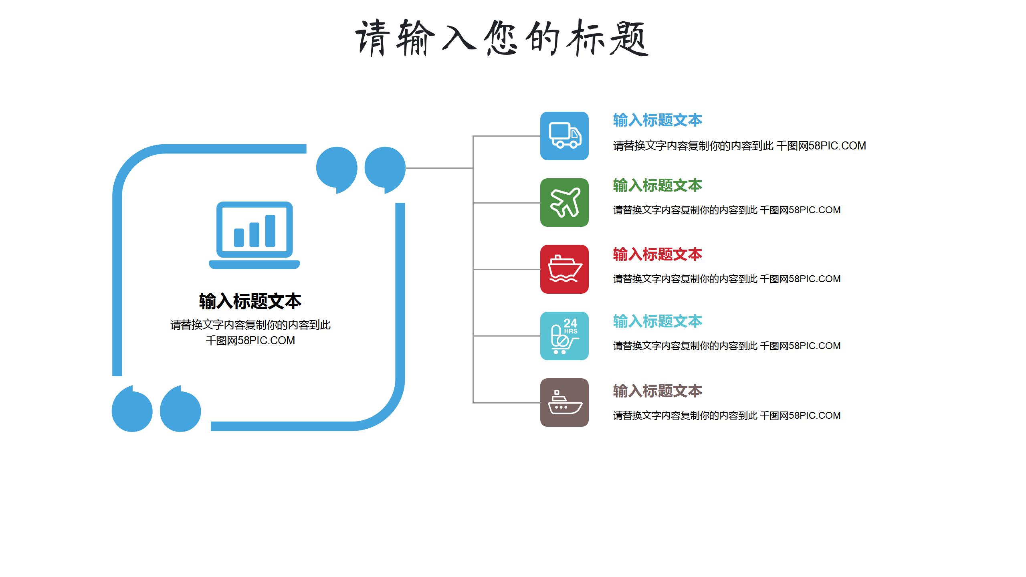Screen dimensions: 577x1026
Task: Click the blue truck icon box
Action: pyautogui.click(x=564, y=136)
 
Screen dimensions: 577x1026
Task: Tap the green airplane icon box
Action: pyautogui.click(x=564, y=202)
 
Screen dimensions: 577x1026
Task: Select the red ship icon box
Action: pyautogui.click(x=564, y=269)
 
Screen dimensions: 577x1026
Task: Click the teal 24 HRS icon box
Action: pyautogui.click(x=564, y=336)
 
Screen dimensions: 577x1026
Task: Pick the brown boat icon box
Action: pyautogui.click(x=564, y=402)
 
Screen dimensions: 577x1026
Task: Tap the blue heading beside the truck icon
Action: pyautogui.click(x=657, y=120)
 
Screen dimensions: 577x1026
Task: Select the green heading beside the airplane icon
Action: pyautogui.click(x=657, y=186)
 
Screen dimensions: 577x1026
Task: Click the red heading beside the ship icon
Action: pyautogui.click(x=657, y=254)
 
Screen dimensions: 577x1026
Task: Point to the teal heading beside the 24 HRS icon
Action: pyautogui.click(x=657, y=321)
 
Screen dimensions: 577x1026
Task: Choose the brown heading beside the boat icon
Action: pyautogui.click(x=657, y=391)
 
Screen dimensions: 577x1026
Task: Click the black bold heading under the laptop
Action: pyautogui.click(x=250, y=301)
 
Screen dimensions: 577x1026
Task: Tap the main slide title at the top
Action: pyautogui.click(x=502, y=38)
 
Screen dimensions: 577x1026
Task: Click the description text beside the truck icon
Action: pyautogui.click(x=739, y=146)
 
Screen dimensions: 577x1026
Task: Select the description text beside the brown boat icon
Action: pyautogui.click(x=727, y=416)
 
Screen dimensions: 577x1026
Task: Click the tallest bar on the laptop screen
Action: pyautogui.click(x=270, y=231)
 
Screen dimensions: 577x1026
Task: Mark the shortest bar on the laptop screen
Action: pyautogui.click(x=239, y=238)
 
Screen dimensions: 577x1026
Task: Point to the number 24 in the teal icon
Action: pyautogui.click(x=570, y=323)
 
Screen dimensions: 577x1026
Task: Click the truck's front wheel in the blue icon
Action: pyautogui.click(x=574, y=144)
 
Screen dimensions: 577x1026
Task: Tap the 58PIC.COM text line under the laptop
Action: pyautogui.click(x=250, y=341)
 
